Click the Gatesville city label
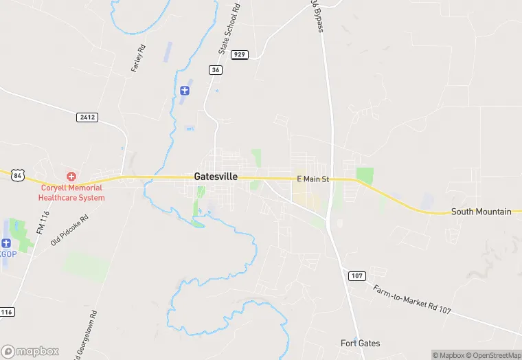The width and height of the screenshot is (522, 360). (216, 177)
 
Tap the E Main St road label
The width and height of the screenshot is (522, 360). (313, 179)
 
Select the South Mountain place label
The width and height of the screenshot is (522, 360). (481, 212)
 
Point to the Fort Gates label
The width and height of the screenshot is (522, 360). (360, 343)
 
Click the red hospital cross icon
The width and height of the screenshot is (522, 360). (71, 177)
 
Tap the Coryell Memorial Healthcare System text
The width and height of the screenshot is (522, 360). (71, 192)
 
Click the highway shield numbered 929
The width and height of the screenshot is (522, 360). (239, 54)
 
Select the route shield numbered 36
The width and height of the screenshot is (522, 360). (216, 70)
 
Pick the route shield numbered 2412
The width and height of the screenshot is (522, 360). (87, 117)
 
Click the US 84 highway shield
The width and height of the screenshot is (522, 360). (18, 176)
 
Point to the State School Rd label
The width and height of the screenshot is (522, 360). (229, 30)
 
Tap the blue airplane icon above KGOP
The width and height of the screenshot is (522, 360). (6, 243)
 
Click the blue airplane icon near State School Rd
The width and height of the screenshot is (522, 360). (184, 91)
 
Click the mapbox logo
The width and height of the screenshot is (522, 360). (31, 350)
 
